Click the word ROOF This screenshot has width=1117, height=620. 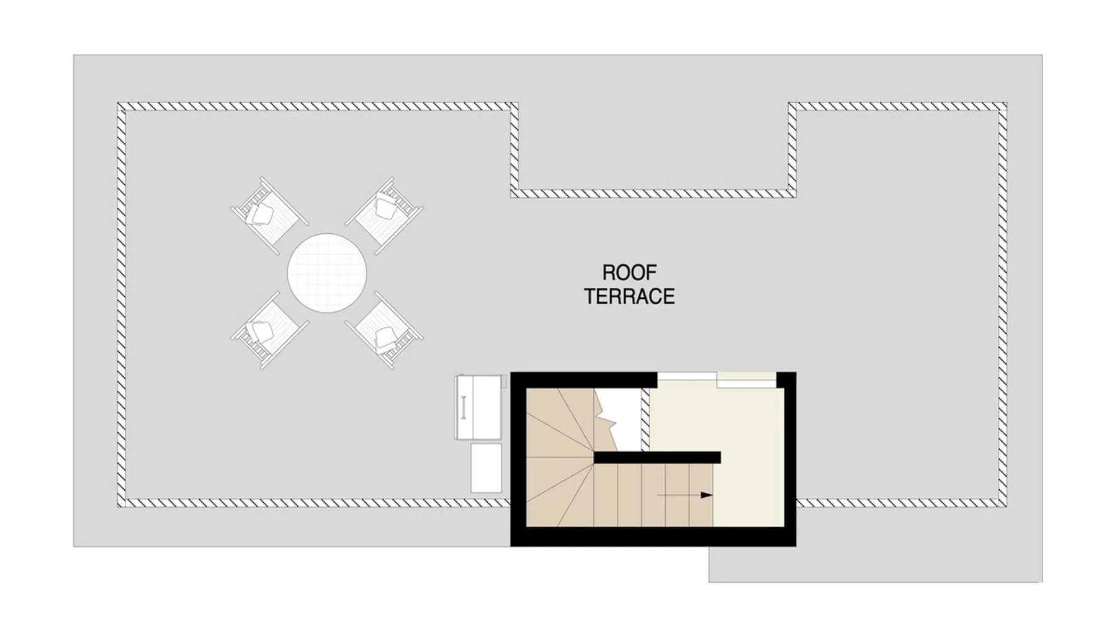click(629, 272)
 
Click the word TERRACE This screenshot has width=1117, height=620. click(629, 296)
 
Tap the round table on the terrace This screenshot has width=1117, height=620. click(327, 273)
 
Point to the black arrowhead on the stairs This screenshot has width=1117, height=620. click(706, 495)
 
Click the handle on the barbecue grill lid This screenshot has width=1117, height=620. click(463, 407)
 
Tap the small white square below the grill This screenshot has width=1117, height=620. click(486, 467)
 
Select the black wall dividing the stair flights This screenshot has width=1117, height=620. click(657, 457)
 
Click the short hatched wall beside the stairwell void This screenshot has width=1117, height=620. click(645, 420)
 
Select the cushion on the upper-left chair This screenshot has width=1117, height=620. click(262, 214)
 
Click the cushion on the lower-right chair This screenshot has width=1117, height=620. click(387, 338)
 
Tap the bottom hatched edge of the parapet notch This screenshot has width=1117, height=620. click(653, 193)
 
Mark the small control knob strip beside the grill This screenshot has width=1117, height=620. click(504, 381)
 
